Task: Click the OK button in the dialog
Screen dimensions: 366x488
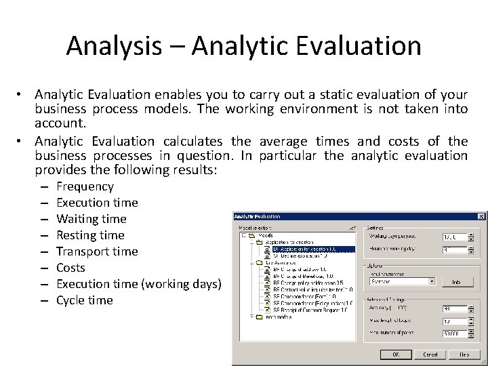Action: [x=393, y=354]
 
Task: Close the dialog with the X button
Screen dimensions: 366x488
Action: [x=481, y=216]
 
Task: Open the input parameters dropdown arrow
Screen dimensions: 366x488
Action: [x=432, y=281]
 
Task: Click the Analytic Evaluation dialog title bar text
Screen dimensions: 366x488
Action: [x=258, y=216]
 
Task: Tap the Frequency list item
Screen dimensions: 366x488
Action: [x=85, y=186]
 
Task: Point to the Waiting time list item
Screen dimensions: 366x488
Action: [x=91, y=219]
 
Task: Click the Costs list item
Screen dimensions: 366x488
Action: [x=70, y=268]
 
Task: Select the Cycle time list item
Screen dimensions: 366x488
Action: [x=84, y=300]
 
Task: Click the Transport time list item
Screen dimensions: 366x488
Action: [x=97, y=251]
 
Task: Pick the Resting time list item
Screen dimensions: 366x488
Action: [x=90, y=235]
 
